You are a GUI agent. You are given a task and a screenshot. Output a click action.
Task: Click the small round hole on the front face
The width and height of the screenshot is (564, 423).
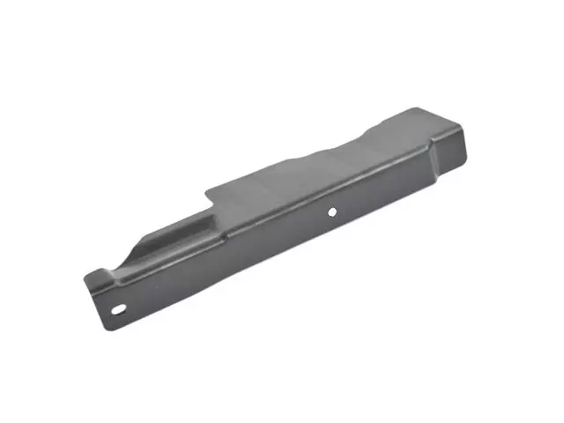[332, 211]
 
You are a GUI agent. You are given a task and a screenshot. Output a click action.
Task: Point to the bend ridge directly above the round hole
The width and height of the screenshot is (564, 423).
[326, 191]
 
